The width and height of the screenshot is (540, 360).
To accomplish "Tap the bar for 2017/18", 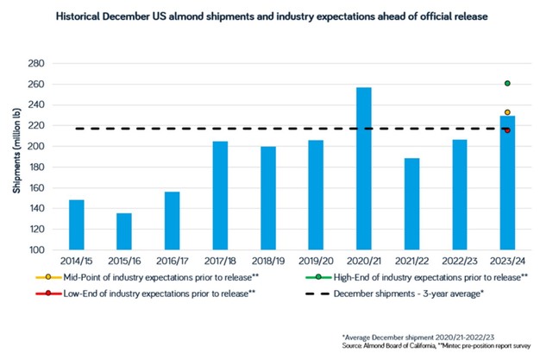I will coord(220,196).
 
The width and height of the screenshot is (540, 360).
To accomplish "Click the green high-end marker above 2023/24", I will coord(507,83).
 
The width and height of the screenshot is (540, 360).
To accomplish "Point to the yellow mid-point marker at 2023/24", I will coord(507,112).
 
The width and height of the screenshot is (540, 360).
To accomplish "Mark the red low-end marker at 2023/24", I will coord(507,130).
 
